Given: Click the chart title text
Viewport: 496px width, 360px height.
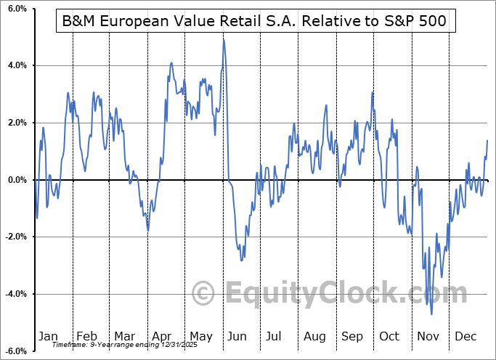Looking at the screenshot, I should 255,22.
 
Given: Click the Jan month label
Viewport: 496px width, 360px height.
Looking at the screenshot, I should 48,337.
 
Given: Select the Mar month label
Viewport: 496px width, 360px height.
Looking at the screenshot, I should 125,337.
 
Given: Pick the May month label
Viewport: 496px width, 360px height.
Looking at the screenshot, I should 201,337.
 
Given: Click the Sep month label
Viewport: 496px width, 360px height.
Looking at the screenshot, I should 353,337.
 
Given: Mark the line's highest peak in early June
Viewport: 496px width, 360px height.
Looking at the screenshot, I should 224,39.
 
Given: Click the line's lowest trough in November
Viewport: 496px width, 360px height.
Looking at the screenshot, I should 431,314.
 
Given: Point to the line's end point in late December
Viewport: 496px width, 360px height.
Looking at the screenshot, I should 487,140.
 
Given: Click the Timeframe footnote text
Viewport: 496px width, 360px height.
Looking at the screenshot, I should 116,345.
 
